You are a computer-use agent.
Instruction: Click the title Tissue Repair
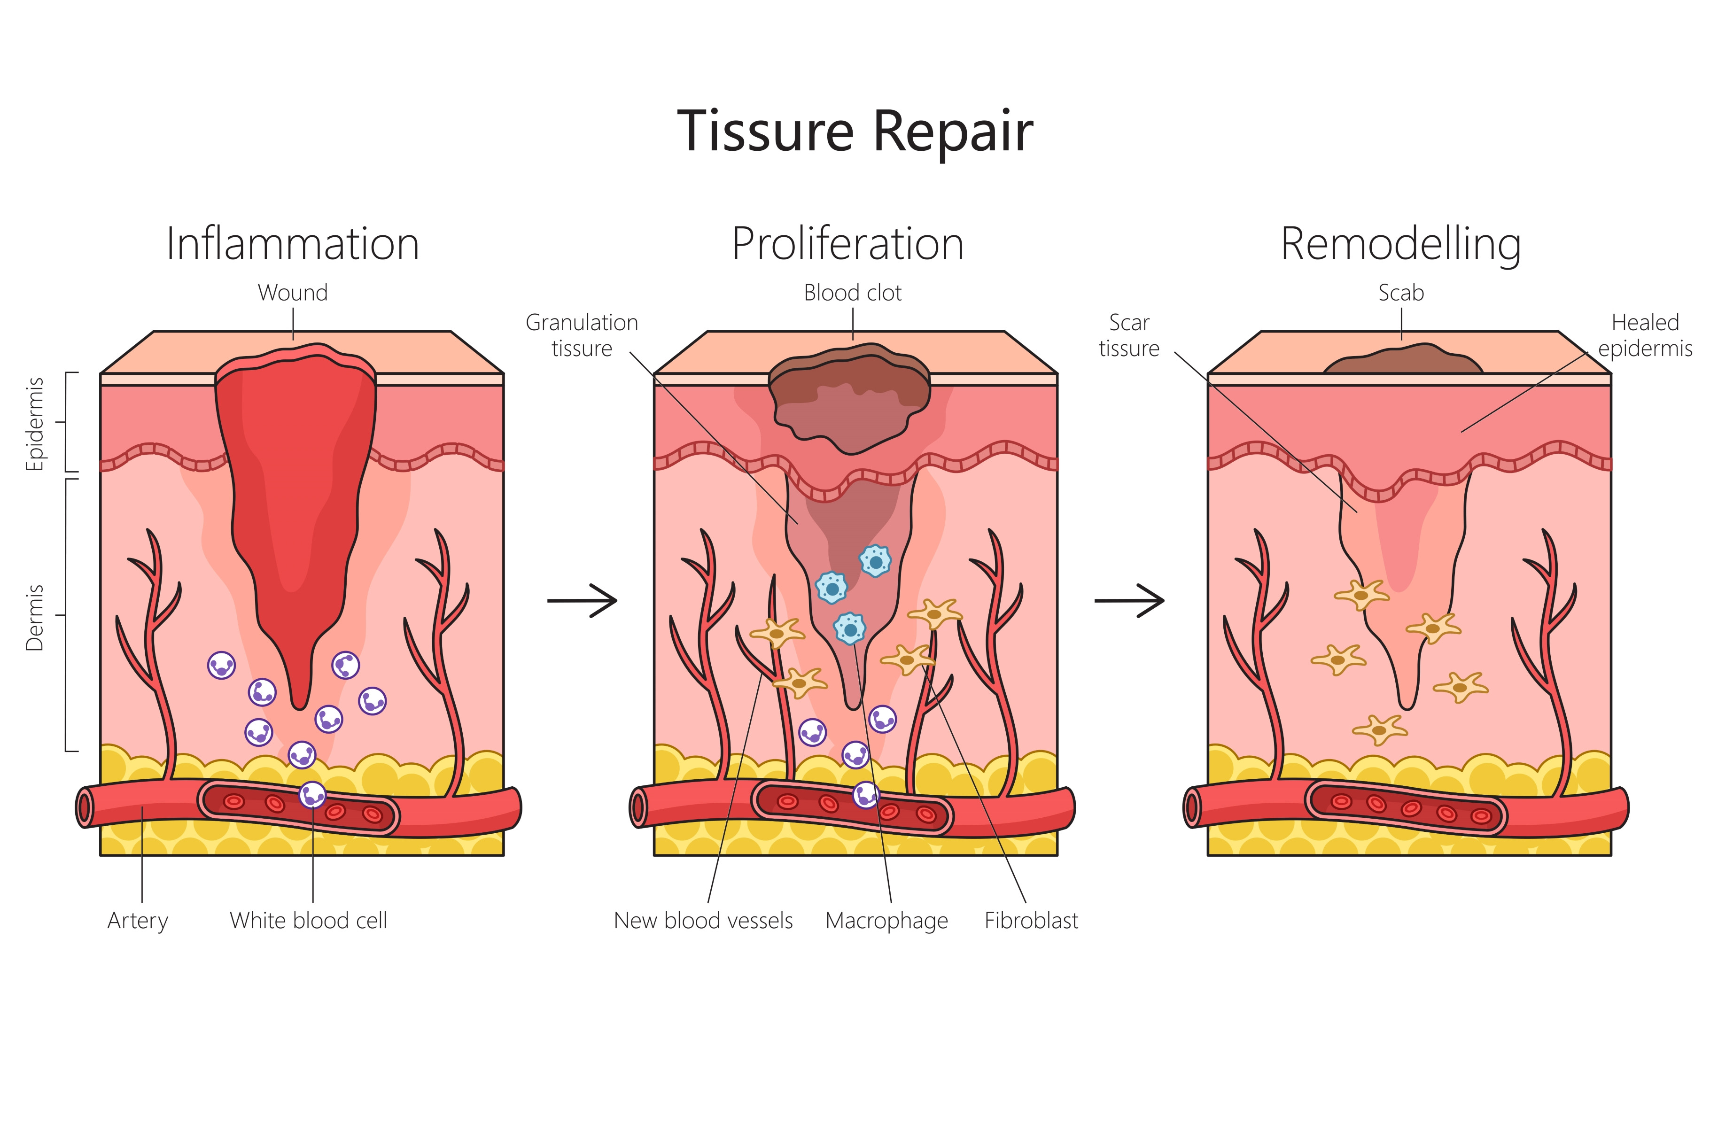coord(855,132)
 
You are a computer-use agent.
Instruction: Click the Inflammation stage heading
coord(292,244)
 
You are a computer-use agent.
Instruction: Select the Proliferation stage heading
coord(847,244)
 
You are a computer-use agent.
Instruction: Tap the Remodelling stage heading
coord(1400,244)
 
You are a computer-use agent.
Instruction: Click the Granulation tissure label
coord(582,335)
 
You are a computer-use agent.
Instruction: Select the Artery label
coord(137,921)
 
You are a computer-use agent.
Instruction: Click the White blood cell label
coord(308,921)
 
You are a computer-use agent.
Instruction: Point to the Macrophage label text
coord(886,921)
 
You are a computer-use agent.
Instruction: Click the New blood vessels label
coord(703,921)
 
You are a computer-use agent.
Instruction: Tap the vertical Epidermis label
coord(35,424)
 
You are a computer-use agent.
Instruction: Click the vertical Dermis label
coord(35,617)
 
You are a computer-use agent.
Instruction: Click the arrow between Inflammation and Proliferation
coord(582,600)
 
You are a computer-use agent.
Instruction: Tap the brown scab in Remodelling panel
coord(1402,361)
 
